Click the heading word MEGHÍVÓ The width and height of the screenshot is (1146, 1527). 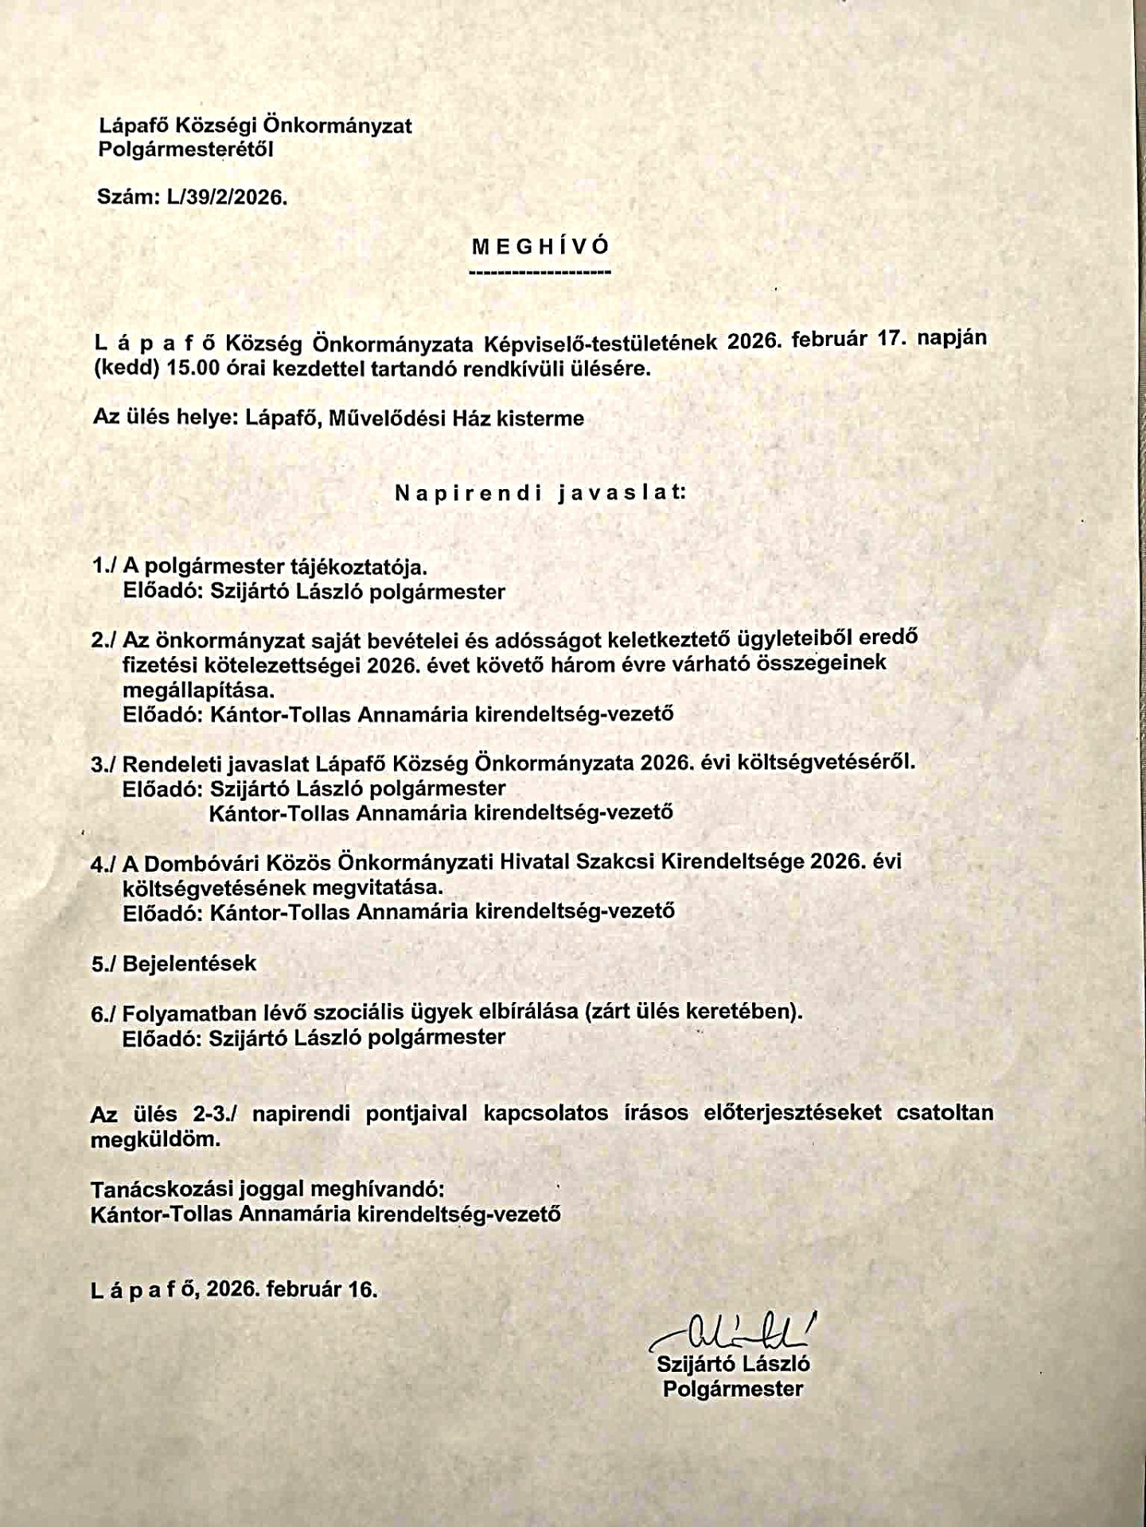(x=540, y=246)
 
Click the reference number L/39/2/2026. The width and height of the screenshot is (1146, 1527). (x=227, y=198)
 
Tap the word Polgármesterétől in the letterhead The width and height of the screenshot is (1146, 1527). (x=185, y=149)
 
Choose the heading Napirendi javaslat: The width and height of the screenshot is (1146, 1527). (x=540, y=492)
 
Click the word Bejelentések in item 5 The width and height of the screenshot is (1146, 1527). (x=189, y=963)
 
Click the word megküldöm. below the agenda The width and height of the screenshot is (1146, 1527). (x=155, y=1139)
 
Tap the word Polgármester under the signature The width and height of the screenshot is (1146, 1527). (x=733, y=1389)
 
